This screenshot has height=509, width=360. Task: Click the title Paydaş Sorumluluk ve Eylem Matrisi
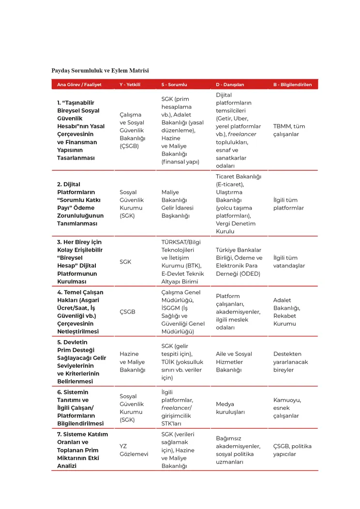tap(100, 71)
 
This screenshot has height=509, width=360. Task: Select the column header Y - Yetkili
tap(130, 85)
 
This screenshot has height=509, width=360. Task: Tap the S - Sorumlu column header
tap(174, 85)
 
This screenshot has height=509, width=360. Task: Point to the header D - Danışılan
tap(230, 85)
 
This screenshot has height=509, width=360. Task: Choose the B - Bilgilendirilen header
tap(292, 85)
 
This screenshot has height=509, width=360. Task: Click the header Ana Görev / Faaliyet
tap(79, 85)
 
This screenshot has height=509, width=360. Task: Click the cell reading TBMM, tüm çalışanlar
tap(289, 130)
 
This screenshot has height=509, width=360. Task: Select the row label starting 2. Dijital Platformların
tap(80, 204)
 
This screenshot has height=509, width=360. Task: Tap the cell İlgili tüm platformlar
tap(288, 204)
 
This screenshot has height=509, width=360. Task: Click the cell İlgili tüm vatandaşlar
tap(289, 262)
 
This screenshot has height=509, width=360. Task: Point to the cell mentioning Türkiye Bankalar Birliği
tap(239, 262)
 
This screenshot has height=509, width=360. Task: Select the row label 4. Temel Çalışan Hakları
tap(80, 312)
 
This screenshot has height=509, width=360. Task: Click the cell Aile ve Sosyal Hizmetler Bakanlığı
tap(234, 362)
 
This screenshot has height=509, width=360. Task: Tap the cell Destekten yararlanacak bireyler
tap(290, 362)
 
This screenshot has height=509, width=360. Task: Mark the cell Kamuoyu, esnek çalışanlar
tap(287, 408)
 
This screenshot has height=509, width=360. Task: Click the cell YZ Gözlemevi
tap(134, 450)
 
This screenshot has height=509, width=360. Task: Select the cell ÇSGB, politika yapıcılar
tap(292, 450)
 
